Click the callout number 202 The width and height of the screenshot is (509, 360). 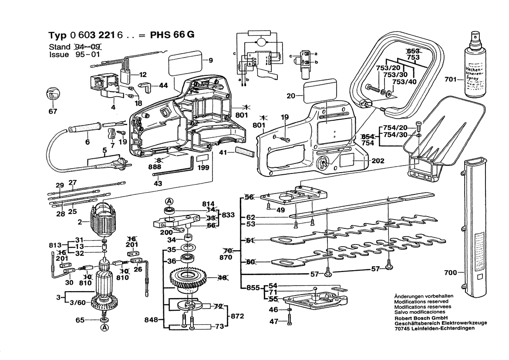(x=378, y=161)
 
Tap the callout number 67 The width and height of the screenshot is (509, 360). (x=53, y=112)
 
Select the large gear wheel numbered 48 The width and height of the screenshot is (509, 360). (x=191, y=278)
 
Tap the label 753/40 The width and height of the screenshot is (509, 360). (x=405, y=82)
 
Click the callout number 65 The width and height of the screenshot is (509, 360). (x=80, y=320)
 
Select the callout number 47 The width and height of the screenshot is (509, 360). (x=273, y=322)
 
